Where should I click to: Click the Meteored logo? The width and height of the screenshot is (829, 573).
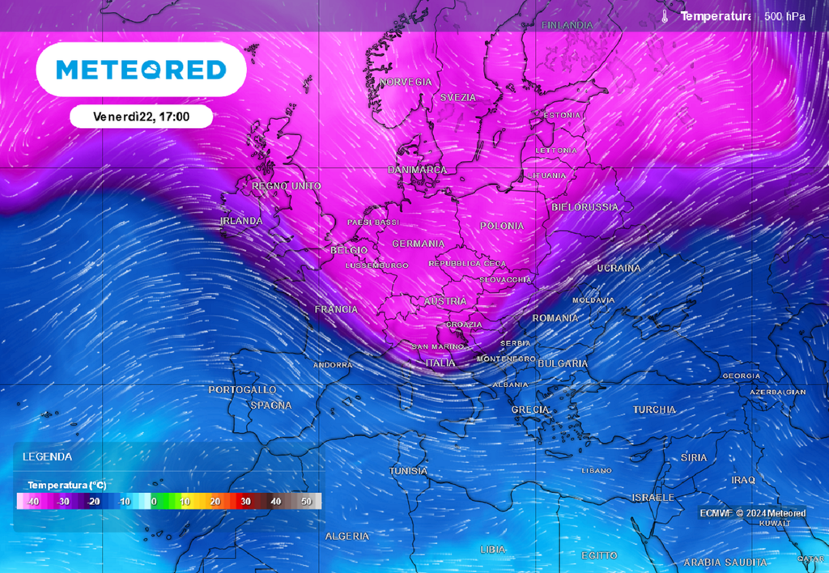(141, 70)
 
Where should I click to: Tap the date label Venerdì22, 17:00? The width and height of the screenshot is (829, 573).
(141, 117)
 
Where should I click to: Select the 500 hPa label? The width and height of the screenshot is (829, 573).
(784, 16)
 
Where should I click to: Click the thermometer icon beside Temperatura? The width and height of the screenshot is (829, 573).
(664, 16)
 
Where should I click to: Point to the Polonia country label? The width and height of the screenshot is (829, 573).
(502, 226)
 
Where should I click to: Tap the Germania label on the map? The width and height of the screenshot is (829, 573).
(418, 244)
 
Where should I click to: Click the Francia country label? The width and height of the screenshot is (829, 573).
(336, 309)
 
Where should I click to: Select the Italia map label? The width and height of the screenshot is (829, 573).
(440, 363)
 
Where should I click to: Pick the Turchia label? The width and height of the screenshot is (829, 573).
(654, 410)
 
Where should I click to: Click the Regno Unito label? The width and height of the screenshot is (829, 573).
(287, 186)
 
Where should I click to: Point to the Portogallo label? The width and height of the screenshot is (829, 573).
(242, 390)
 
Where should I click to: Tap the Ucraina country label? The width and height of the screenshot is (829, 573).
(619, 268)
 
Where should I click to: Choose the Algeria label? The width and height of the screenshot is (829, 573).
(346, 536)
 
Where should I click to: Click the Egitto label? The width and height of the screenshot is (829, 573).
(599, 555)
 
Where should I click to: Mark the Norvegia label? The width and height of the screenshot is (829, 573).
(406, 83)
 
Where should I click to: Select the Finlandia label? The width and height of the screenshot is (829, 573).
(567, 25)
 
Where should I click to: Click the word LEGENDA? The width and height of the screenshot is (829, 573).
(47, 456)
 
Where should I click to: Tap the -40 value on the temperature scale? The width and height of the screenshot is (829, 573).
(32, 502)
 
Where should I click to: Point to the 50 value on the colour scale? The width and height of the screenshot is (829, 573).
(306, 502)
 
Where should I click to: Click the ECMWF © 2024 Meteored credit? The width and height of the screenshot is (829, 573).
(753, 513)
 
